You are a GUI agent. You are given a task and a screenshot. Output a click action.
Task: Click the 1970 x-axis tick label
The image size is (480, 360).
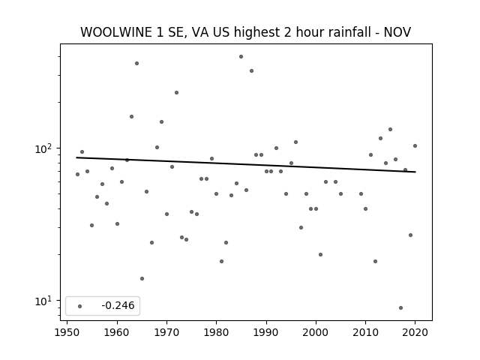tap(166, 332)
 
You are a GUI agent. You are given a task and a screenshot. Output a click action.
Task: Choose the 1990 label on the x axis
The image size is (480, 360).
tap(266, 332)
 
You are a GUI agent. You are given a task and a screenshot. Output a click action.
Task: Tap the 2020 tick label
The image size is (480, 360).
tap(415, 332)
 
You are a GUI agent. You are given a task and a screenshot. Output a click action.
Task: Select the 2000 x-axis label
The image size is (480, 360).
tap(316, 332)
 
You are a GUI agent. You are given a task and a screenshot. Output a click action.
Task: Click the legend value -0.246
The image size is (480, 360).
tap(118, 305)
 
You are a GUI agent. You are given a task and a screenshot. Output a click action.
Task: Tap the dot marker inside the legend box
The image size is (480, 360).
tap(80, 306)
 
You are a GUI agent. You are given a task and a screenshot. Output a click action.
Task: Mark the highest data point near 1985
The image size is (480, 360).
tap(241, 57)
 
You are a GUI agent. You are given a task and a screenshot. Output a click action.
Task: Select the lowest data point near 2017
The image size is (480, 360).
tap(400, 307)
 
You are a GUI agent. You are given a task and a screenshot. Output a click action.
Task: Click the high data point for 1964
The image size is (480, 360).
tap(136, 63)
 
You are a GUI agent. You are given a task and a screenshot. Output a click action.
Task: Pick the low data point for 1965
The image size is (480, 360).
tap(142, 278)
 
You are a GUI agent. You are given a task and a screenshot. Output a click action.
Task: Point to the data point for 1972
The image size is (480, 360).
tap(177, 92)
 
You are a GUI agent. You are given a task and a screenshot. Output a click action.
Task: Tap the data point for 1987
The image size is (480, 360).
tap(252, 70)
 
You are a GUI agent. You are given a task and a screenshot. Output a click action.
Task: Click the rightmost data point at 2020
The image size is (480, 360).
tap(415, 145)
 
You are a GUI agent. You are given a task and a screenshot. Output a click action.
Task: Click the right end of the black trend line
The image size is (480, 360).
tap(415, 172)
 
